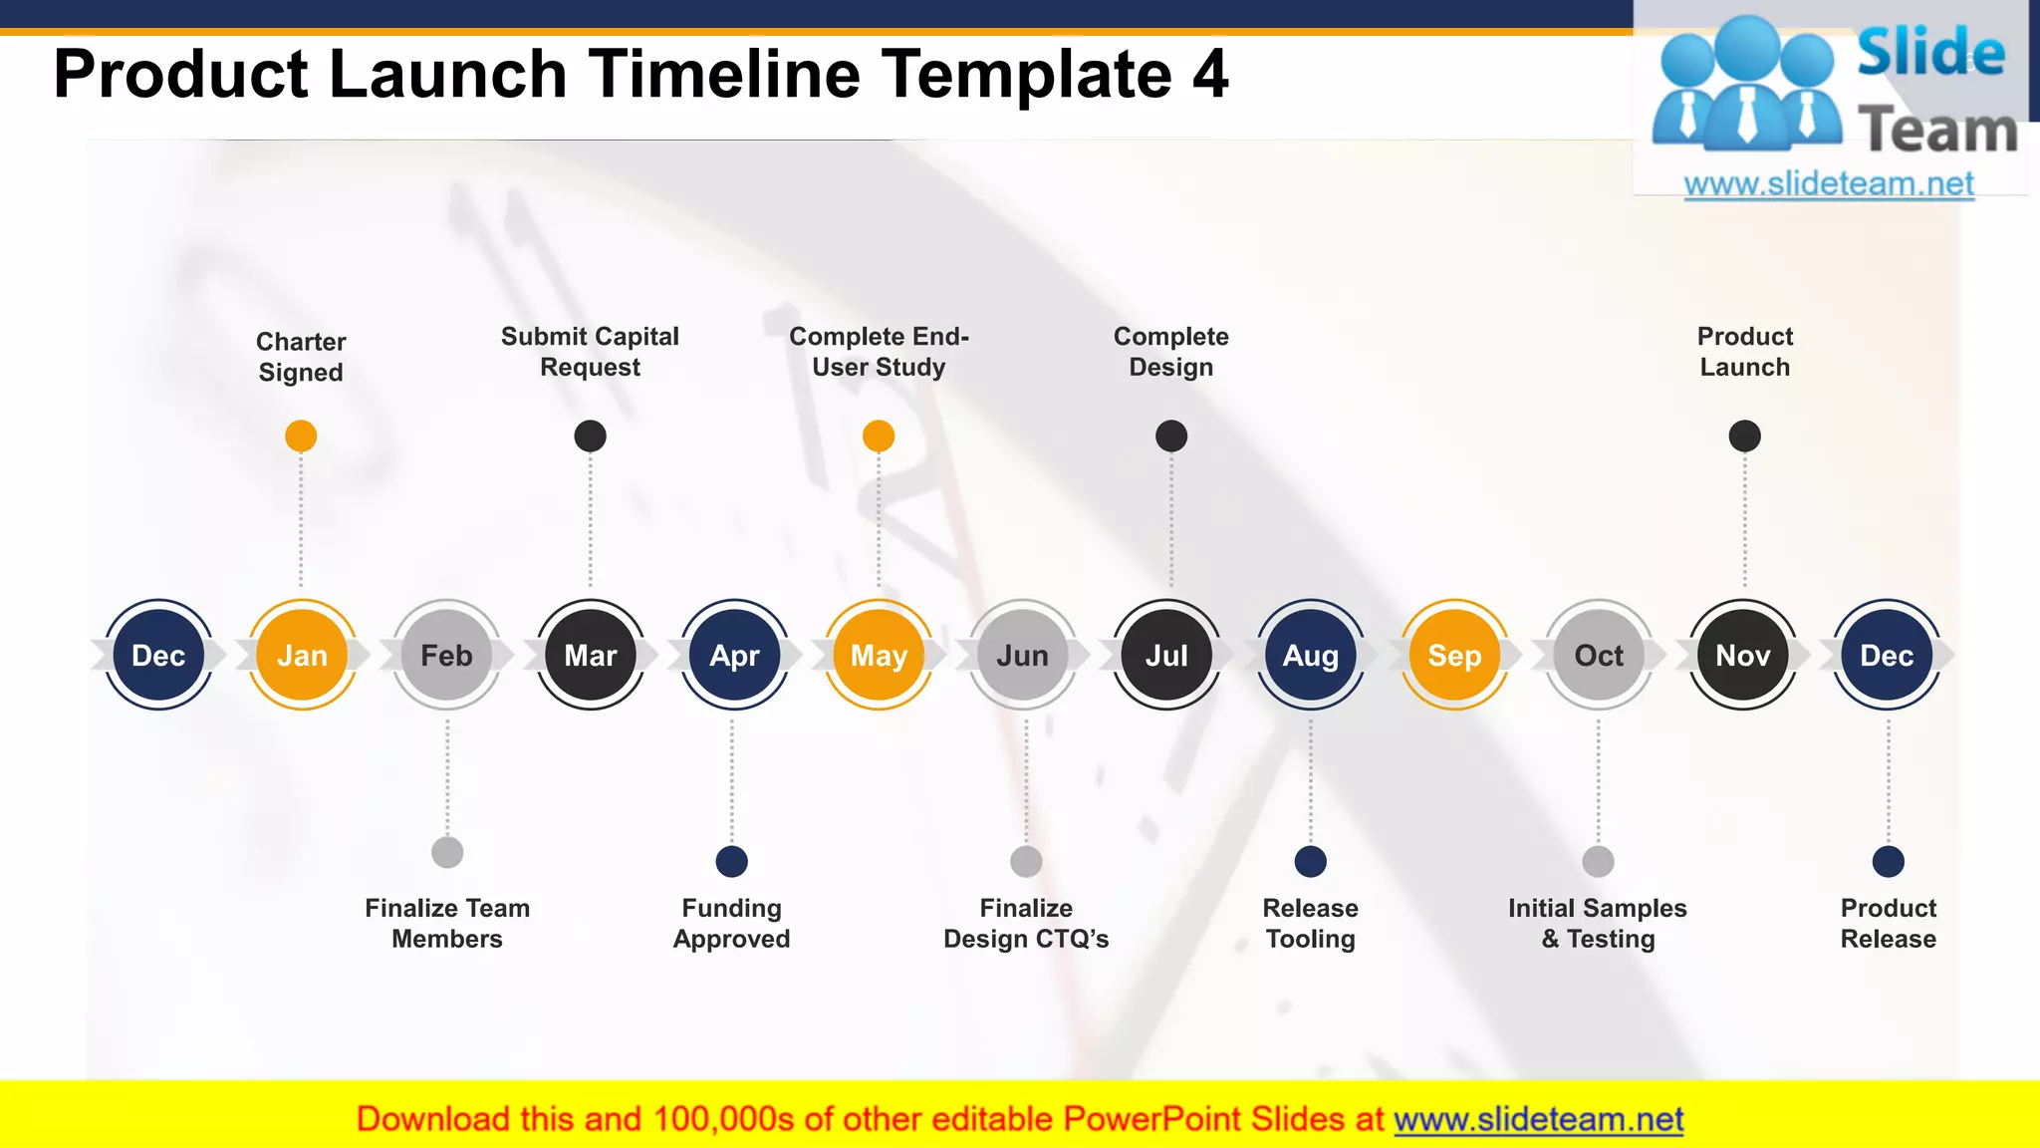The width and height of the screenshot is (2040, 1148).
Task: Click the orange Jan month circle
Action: (x=302, y=655)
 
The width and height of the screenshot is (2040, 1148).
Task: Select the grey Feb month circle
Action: (x=446, y=655)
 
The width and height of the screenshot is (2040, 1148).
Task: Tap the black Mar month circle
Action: (x=591, y=655)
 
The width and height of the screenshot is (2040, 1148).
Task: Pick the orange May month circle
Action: (x=879, y=655)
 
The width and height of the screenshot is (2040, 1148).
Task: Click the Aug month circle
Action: (x=1311, y=655)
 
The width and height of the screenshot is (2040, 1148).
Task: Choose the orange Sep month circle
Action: (x=1454, y=655)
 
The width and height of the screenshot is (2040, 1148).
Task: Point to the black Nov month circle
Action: (x=1743, y=655)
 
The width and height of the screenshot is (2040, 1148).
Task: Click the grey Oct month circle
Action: (x=1599, y=655)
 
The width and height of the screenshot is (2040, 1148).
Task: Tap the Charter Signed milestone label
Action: (x=301, y=357)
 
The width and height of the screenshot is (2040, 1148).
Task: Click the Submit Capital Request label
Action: (x=590, y=352)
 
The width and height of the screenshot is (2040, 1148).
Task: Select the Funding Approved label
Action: (x=732, y=923)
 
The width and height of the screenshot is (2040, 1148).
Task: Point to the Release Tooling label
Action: (x=1311, y=923)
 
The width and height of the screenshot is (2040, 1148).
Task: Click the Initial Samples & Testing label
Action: (x=1598, y=923)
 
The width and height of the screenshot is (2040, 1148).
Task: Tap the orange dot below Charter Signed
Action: (x=301, y=435)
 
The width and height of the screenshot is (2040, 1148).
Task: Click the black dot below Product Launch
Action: (x=1744, y=435)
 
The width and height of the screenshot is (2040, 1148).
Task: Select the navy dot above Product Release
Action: (x=1889, y=861)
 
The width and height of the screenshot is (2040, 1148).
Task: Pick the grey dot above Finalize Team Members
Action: (x=447, y=852)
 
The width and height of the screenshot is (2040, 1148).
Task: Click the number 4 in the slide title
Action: (x=1210, y=75)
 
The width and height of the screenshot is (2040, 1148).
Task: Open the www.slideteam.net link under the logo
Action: (x=1829, y=184)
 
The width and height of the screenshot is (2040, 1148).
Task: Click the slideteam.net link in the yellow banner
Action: (x=1538, y=1119)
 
